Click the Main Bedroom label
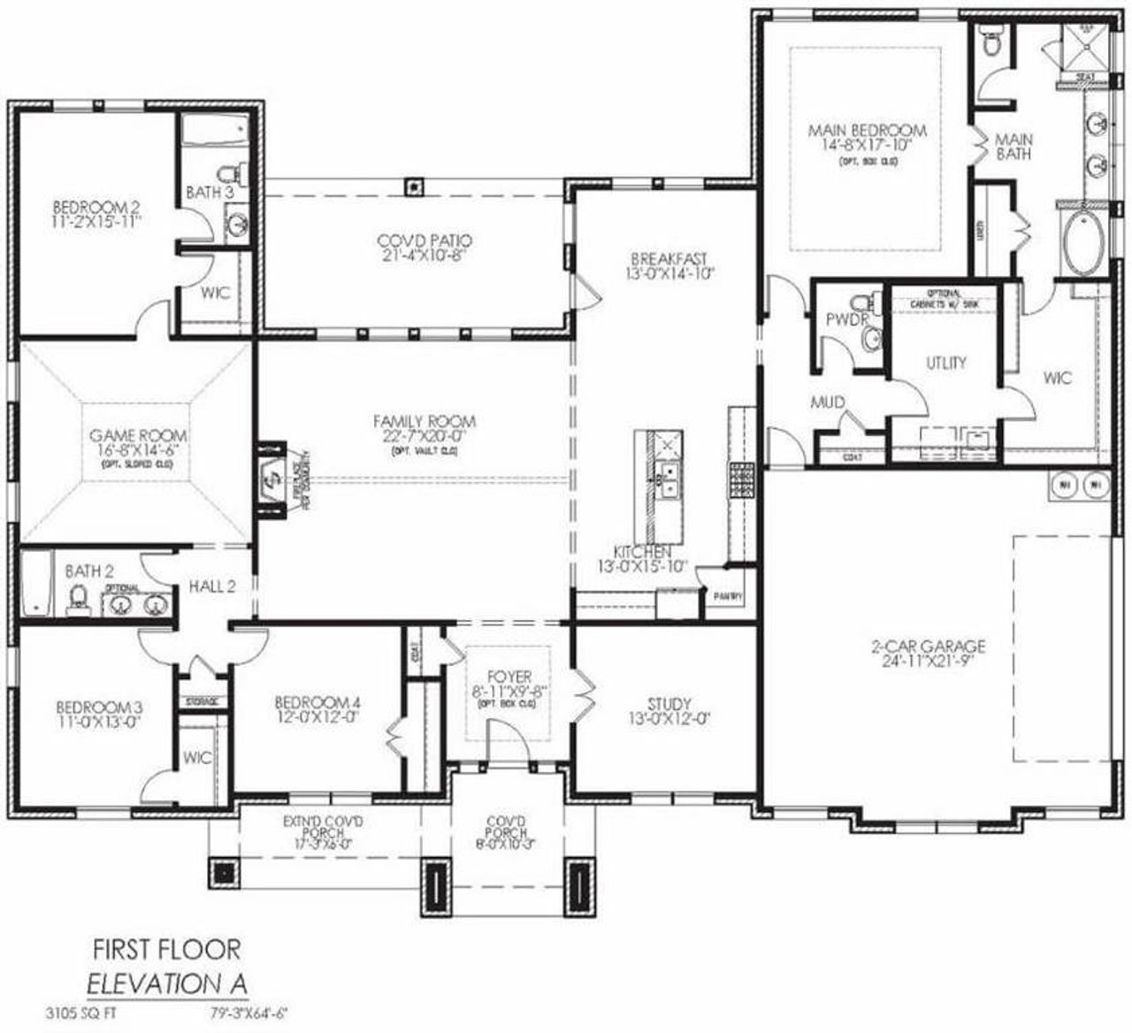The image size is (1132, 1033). point(867,131)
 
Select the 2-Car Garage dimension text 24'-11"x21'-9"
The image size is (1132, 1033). point(927,661)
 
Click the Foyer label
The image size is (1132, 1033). point(509,677)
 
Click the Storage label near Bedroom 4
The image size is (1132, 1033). point(201,701)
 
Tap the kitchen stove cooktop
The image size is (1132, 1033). point(740,481)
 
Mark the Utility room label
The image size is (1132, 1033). point(945,363)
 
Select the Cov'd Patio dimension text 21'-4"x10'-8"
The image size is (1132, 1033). point(424,255)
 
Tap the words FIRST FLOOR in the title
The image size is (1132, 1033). point(166,950)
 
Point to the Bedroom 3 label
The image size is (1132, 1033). point(99,708)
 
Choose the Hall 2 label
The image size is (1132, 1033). point(211,586)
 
